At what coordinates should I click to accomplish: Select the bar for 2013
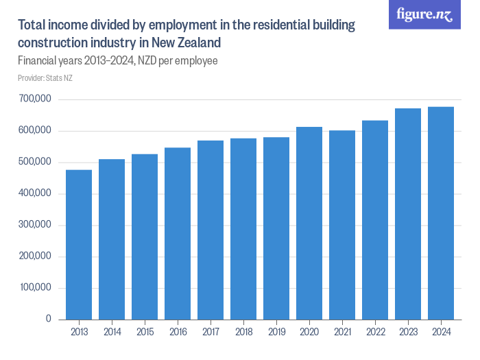coord(79,245)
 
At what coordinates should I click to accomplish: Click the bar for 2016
coord(178,233)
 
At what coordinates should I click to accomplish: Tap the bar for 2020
coord(309,223)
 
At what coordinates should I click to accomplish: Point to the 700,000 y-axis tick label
coord(35,99)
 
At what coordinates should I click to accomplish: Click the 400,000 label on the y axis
coord(35,193)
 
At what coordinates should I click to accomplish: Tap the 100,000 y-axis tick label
coord(35,287)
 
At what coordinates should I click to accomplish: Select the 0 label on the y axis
coord(49,319)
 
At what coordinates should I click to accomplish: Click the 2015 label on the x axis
coord(145,333)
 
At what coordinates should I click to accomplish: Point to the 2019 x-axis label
coord(276,333)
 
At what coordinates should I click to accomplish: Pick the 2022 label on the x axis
coord(375,333)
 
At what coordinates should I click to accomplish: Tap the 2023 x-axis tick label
coord(408,333)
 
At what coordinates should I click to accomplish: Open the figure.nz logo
coord(424,14)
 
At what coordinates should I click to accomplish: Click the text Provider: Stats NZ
coord(45,78)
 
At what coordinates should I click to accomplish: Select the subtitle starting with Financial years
coord(117,61)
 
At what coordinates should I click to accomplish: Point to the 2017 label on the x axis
coord(211,333)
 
